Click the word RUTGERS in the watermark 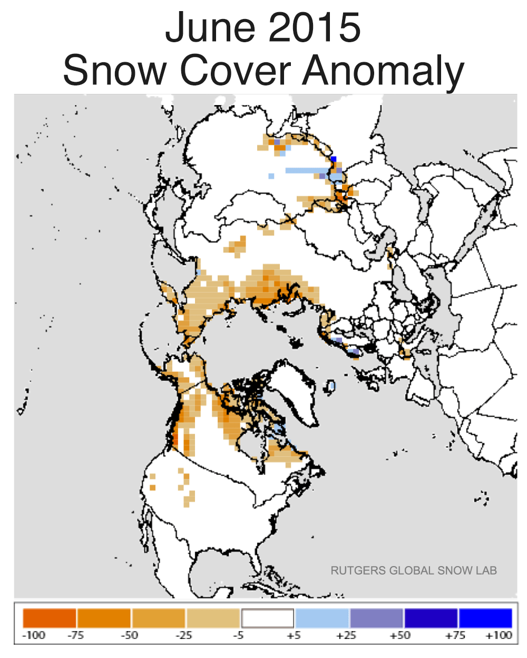point(358,570)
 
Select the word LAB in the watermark point(485,570)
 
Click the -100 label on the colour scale point(34,635)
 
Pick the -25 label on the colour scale point(184,635)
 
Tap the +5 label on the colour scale point(294,635)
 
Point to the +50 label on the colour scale point(400,635)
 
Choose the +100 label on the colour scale point(498,635)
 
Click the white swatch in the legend point(268,618)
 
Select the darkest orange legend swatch point(50,618)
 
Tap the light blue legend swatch point(323,618)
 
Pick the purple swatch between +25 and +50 point(377,618)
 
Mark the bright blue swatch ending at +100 point(485,618)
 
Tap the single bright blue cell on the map point(333,159)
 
